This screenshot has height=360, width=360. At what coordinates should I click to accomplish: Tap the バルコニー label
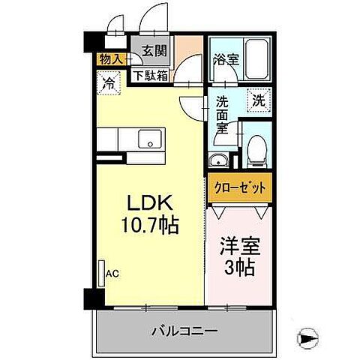[x=184, y=330]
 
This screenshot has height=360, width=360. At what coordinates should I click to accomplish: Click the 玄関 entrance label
[x=154, y=52]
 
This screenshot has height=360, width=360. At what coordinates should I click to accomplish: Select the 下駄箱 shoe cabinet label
[x=151, y=74]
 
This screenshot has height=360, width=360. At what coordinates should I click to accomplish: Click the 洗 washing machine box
[x=257, y=98]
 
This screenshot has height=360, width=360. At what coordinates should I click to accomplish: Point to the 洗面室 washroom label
[x=223, y=115]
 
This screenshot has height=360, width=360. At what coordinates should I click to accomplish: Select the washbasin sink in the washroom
[x=220, y=160]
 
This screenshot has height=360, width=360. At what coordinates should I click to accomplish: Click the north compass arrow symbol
[x=308, y=338]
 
